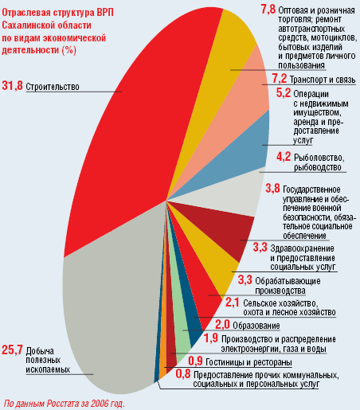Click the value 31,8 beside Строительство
point(12,86)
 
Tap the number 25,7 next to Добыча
point(12,350)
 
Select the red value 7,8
point(268,10)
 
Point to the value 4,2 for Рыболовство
point(284,157)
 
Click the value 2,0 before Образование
point(222,325)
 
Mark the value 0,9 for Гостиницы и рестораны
point(195,361)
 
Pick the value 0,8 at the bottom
point(183,374)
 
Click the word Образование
point(256,326)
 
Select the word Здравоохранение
point(302,248)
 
